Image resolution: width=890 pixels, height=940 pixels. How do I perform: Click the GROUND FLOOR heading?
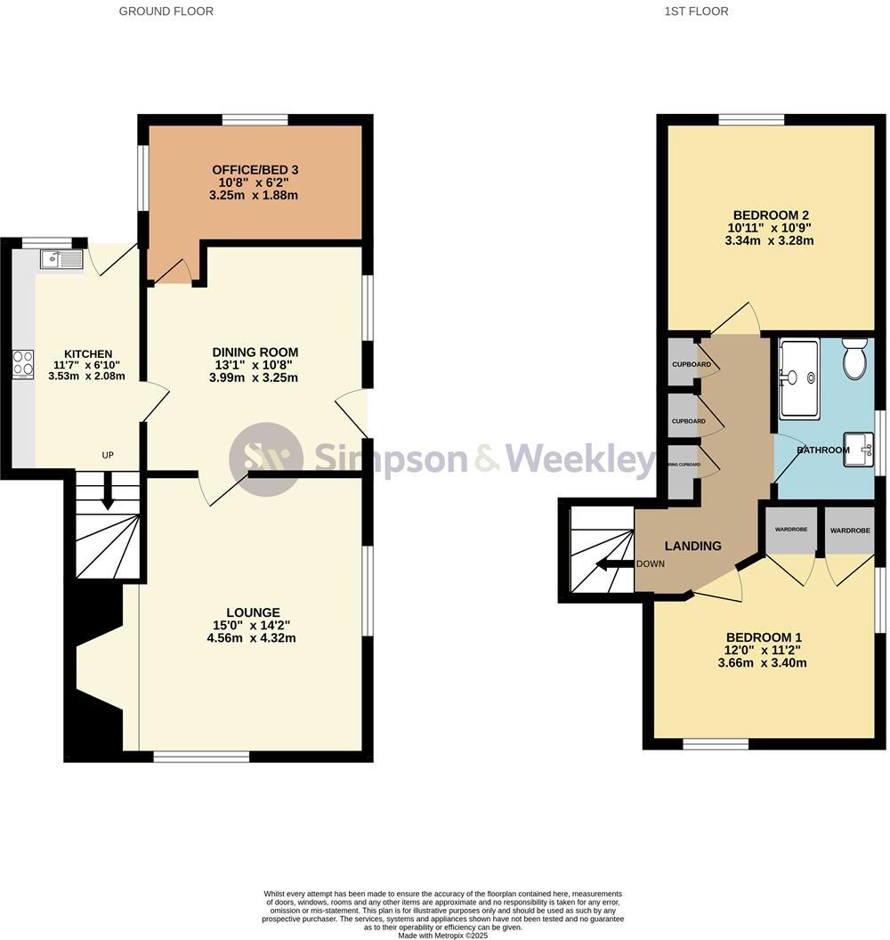click(166, 12)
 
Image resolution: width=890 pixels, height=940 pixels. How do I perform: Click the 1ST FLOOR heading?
click(696, 12)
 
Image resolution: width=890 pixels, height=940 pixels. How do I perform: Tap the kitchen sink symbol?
click(61, 259)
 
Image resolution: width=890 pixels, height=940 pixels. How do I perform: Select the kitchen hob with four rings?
click(23, 365)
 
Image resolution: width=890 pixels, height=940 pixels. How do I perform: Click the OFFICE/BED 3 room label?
click(255, 170)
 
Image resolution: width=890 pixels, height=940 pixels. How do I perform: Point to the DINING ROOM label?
click(255, 352)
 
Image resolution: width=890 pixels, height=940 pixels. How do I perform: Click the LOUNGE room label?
click(253, 612)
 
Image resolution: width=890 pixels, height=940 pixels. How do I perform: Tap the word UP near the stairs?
click(108, 456)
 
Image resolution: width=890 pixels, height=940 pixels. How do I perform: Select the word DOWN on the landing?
click(651, 564)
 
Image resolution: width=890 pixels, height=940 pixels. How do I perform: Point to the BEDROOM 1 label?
click(764, 637)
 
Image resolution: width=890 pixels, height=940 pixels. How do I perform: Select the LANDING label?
click(692, 546)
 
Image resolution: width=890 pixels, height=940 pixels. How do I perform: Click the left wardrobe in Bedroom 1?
click(790, 531)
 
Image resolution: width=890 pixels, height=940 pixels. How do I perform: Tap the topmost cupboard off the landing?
click(684, 363)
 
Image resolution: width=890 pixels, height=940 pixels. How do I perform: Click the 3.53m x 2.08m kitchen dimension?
click(86, 376)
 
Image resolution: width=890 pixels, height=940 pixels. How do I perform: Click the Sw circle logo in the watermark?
click(264, 458)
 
